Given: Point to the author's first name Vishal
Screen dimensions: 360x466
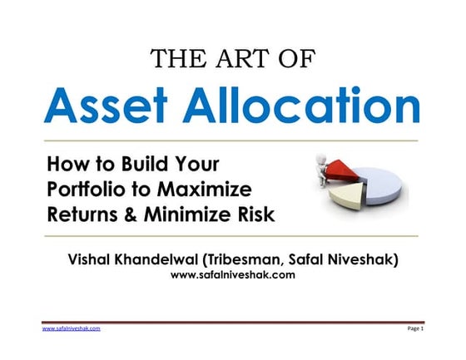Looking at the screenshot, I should click(x=94, y=260).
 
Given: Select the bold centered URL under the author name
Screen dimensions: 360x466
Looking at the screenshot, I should click(x=232, y=276).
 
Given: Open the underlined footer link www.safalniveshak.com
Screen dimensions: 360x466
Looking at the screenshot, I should click(x=71, y=329).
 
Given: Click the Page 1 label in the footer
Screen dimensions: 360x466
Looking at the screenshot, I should click(x=415, y=329).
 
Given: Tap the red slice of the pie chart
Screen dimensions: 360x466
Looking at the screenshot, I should click(x=349, y=173).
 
